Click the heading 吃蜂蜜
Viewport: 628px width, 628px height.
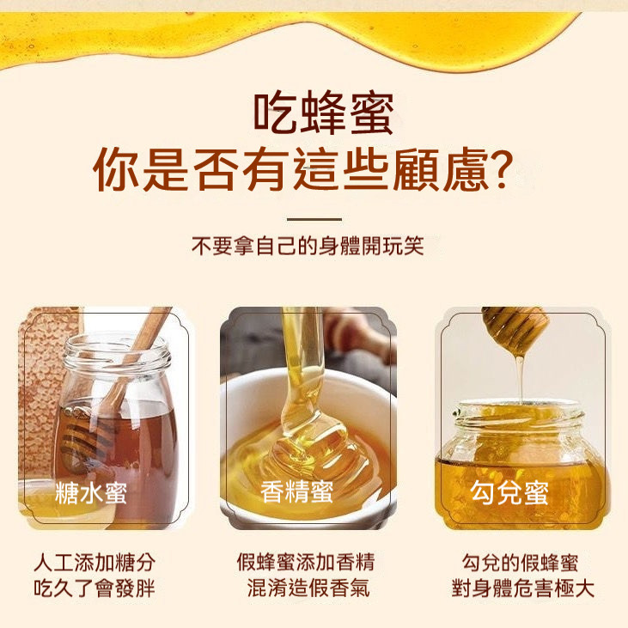[323, 113]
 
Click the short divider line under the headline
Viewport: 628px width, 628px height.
[314, 219]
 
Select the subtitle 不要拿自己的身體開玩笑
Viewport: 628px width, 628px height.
[308, 246]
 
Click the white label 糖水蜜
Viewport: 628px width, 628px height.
[91, 492]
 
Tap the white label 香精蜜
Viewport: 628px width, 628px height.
[296, 491]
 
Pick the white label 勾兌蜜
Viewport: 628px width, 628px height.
[509, 492]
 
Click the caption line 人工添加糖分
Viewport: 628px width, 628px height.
[95, 563]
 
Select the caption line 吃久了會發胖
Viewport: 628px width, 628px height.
[95, 588]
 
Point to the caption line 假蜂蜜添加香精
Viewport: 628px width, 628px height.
[306, 562]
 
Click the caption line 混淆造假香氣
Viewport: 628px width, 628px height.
[308, 588]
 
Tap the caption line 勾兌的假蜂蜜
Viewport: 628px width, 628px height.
[520, 563]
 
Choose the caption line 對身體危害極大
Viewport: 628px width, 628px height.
[522, 588]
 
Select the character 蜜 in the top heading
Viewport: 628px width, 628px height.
[372, 113]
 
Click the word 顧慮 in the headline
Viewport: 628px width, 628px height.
[441, 169]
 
